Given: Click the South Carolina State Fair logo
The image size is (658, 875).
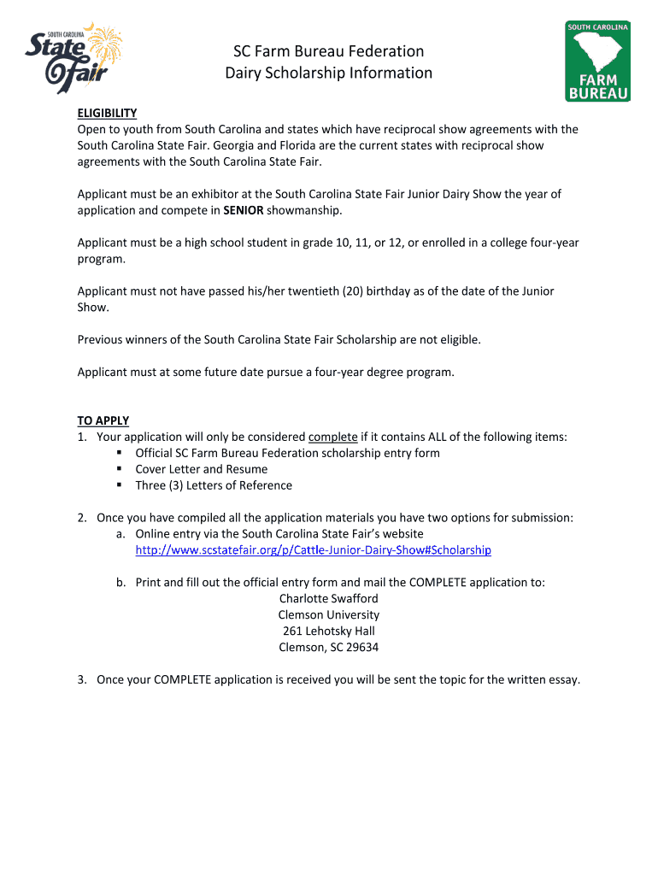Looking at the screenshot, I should [73, 58].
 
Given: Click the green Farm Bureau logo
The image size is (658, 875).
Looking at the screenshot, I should [597, 62].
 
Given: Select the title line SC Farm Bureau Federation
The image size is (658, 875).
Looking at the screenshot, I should [329, 51].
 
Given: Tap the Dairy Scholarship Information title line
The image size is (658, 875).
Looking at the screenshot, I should [329, 73].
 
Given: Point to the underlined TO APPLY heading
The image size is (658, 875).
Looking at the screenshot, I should [103, 420].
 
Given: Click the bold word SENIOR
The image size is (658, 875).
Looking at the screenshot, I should [244, 210].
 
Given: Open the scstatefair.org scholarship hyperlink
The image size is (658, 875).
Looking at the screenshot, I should [313, 549].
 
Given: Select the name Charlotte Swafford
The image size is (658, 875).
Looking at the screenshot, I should [329, 599].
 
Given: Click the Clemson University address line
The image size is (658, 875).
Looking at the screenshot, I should [329, 615].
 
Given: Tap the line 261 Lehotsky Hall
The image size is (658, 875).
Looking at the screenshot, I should [329, 631].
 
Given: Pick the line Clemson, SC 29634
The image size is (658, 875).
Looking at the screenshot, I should [329, 648].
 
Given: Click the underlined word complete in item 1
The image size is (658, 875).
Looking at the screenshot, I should [332, 437].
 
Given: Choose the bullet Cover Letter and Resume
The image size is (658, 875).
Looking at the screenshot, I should [201, 469].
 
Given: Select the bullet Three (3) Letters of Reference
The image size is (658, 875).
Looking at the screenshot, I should [214, 485].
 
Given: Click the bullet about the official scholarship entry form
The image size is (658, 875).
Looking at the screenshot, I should [287, 453].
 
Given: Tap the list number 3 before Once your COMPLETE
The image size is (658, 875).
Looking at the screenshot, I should [82, 680].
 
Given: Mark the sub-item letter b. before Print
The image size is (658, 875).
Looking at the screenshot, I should [121, 583].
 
